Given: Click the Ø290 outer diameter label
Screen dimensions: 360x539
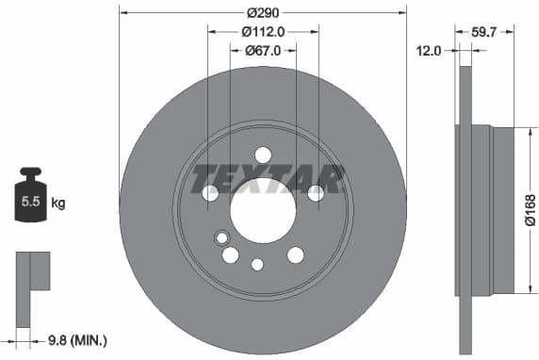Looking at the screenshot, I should click(x=262, y=12).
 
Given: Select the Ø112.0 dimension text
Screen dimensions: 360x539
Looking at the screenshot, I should click(x=263, y=31).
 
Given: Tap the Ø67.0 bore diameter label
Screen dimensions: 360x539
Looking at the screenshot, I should click(x=263, y=51).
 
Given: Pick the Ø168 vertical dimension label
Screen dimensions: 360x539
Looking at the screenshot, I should click(x=530, y=209).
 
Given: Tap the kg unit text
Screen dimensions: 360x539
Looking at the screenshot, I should click(x=58, y=203).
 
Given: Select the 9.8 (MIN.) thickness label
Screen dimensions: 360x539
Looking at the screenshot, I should click(x=76, y=338).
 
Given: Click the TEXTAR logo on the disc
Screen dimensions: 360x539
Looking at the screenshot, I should click(x=269, y=176).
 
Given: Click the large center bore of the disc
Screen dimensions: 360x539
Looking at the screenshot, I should click(x=263, y=208).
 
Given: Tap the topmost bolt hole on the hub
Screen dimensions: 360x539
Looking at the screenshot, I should click(x=263, y=155).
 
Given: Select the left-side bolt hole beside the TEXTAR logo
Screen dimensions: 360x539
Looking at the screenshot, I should click(x=210, y=192).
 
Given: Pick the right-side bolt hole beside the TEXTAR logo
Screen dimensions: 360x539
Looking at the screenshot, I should click(x=316, y=192).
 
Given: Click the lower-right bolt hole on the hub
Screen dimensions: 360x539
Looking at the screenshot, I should click(x=295, y=254).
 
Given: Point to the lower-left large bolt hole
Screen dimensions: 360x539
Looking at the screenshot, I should click(x=230, y=254).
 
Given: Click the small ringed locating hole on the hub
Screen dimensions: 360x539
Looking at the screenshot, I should click(x=221, y=237).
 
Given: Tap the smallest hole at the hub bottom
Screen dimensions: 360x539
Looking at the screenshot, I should click(x=256, y=265).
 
